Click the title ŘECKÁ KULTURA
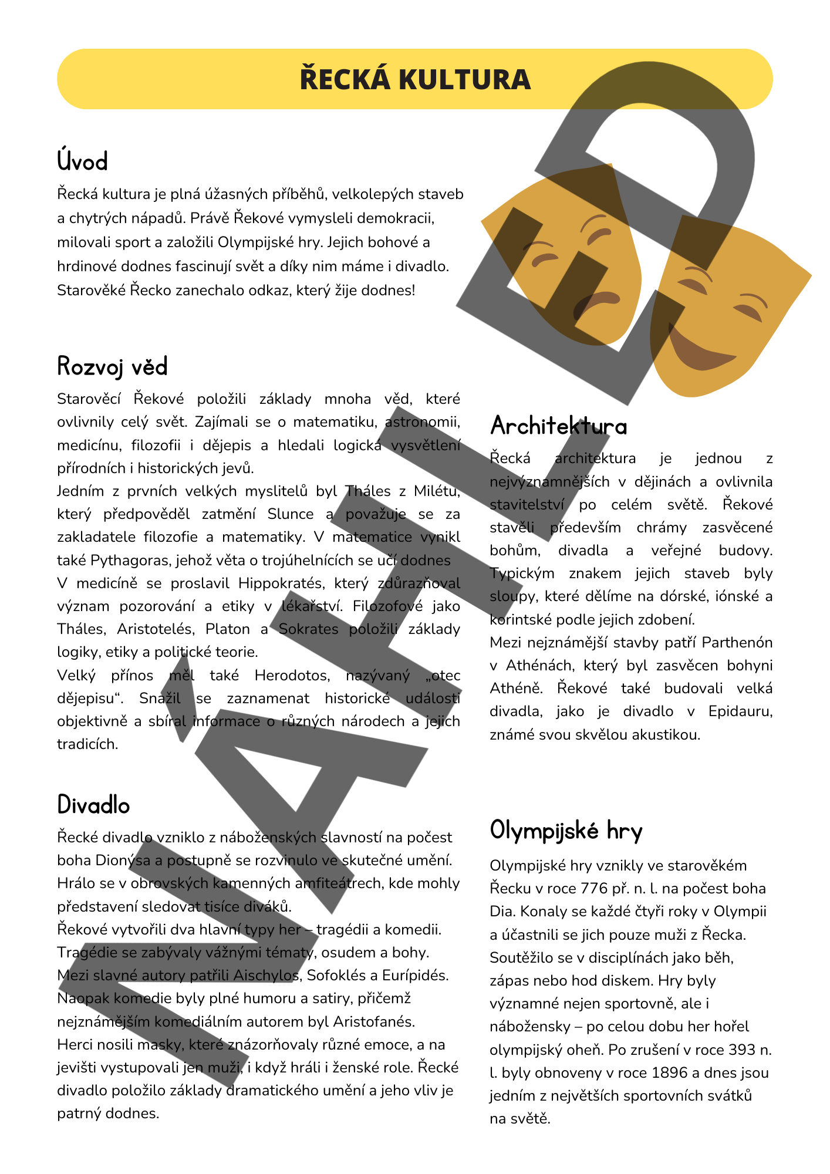pos(415,80)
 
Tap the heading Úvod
pos(83,162)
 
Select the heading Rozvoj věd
pos(112,367)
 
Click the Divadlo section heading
pos(93,805)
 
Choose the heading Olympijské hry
pos(566,831)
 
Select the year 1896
pos(669,1073)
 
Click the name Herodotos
pos(292,676)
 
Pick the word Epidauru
pos(740,711)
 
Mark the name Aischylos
pos(266,976)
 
